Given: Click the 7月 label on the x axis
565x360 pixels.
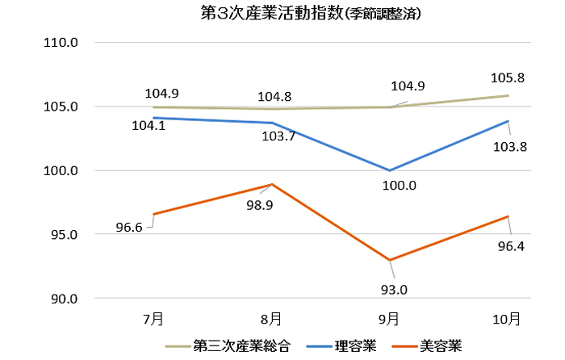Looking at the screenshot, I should [153, 319].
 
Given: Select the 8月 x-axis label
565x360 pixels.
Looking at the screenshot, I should [271, 319].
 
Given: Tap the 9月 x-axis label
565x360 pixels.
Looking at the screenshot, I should [390, 319].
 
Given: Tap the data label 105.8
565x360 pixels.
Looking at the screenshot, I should [507, 78].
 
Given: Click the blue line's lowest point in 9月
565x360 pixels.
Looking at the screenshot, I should [390, 170].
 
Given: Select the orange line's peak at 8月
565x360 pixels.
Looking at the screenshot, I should [272, 184].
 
